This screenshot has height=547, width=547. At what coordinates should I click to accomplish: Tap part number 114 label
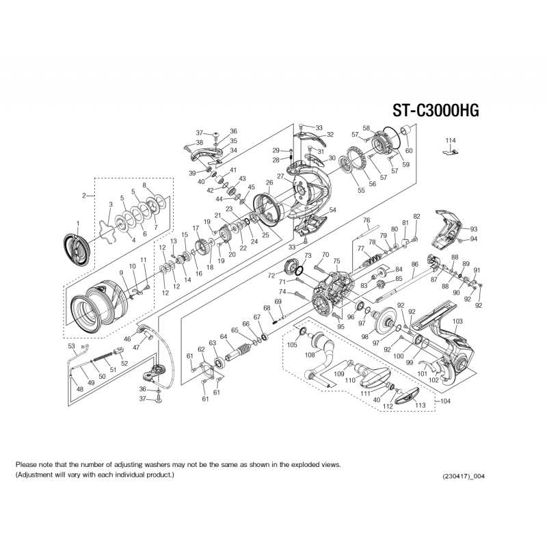click(449, 140)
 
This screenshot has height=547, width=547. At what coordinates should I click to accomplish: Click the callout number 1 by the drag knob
click(78, 224)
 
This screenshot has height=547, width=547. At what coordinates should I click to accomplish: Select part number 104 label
click(446, 401)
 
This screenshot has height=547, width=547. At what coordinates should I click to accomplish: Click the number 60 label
click(409, 150)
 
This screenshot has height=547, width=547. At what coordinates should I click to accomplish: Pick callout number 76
click(366, 220)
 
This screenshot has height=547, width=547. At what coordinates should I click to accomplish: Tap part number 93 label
click(473, 229)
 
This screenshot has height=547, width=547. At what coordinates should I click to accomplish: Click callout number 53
click(71, 347)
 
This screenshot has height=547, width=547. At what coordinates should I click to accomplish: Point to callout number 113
click(420, 405)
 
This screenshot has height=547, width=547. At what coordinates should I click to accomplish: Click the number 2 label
click(84, 196)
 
